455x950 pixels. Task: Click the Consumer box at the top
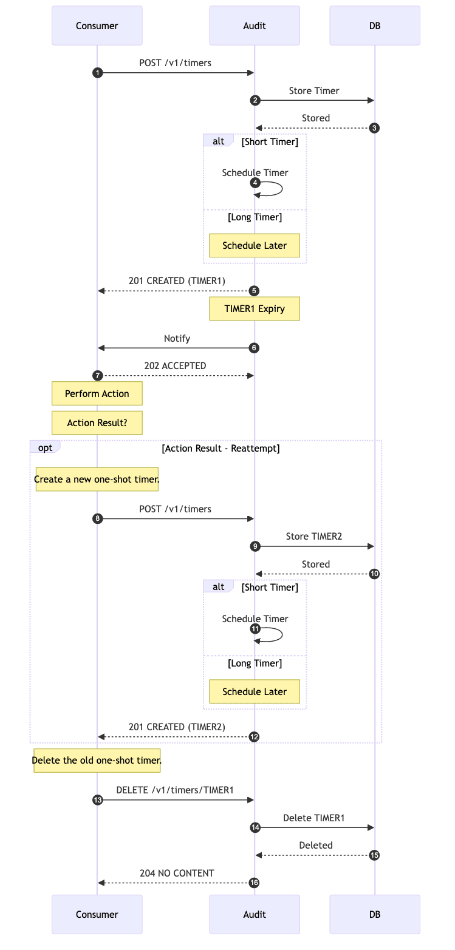[97, 25]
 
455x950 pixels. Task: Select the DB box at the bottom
[374, 914]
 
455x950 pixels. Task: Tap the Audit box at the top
[254, 25]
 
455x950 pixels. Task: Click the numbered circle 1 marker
[97, 73]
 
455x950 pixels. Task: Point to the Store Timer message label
[313, 90]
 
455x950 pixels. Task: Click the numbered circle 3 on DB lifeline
[375, 128]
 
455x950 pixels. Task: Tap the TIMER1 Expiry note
[254, 308]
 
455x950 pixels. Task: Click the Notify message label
[177, 338]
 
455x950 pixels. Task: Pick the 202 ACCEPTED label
[175, 365]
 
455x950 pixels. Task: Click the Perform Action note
[97, 393]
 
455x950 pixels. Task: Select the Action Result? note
[97, 422]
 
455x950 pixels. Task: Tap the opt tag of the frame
[45, 447]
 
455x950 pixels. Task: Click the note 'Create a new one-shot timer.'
[97, 479]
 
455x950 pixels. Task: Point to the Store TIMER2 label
[313, 537]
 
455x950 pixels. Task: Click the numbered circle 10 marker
[375, 574]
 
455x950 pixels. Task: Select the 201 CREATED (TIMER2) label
[177, 727]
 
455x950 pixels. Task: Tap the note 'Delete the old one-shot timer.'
[97, 760]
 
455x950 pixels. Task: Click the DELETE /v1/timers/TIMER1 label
[175, 790]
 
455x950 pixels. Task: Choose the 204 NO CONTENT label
[177, 873]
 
